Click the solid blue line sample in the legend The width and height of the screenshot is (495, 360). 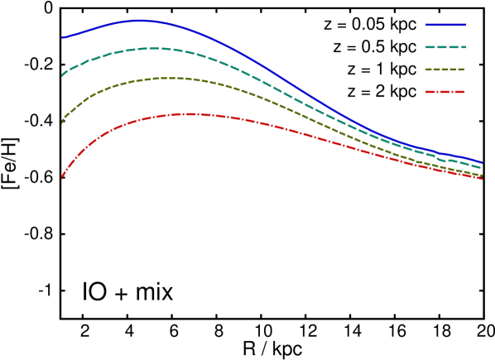(445, 25)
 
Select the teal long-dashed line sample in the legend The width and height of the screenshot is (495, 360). (445, 47)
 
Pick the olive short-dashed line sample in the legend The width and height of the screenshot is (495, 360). (445, 70)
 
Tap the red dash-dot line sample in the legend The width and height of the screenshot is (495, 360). (445, 92)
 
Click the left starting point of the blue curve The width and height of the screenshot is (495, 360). (62, 37)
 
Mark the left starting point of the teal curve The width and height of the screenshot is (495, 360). (62, 74)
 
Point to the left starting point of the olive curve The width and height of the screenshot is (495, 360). (62, 122)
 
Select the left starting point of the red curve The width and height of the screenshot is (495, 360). (62, 177)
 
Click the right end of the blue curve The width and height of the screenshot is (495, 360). (482, 162)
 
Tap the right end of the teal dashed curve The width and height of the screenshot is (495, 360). (482, 168)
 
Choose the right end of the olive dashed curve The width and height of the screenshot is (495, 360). (482, 175)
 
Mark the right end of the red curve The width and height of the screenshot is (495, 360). (482, 179)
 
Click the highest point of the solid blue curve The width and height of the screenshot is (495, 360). (138, 21)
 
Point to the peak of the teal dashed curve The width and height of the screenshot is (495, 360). (155, 49)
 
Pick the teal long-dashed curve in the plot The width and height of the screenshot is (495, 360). (248, 73)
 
